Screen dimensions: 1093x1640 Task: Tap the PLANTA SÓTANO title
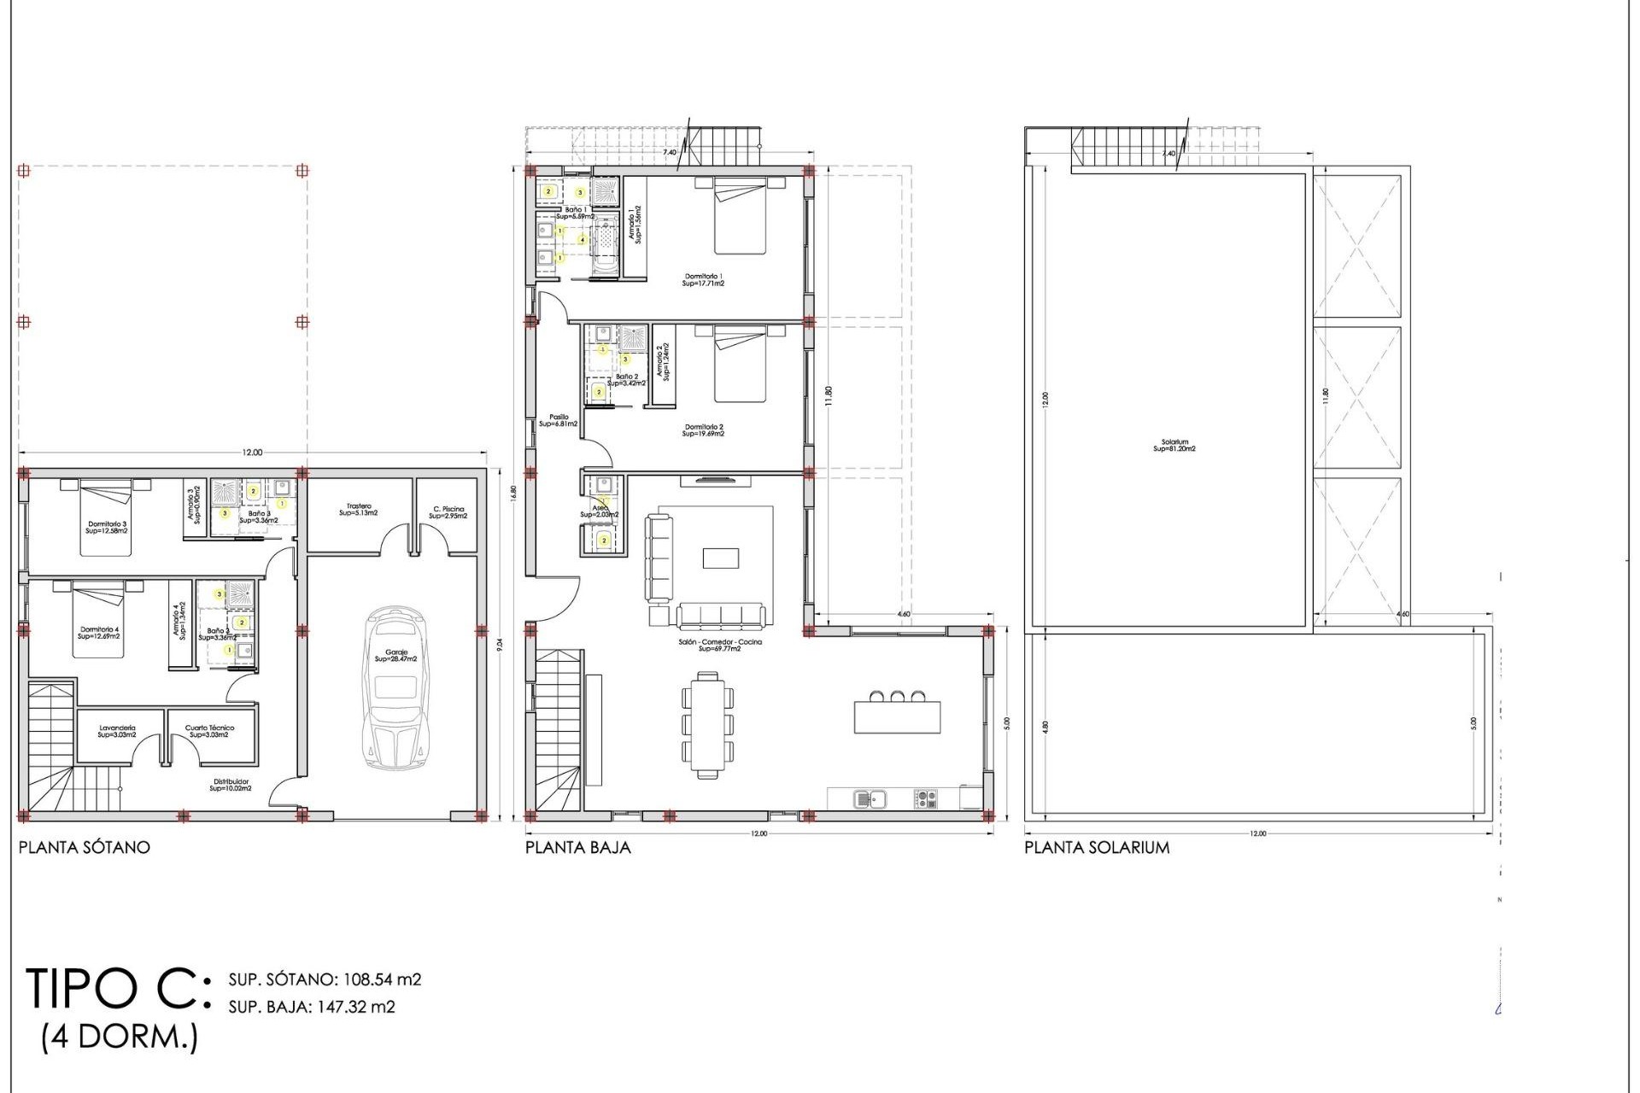pyautogui.click(x=84, y=848)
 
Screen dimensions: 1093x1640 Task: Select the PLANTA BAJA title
pyautogui.click(x=577, y=848)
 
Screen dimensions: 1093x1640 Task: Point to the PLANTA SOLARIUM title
pyautogui.click(x=1097, y=848)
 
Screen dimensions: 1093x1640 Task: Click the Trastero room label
pyautogui.click(x=359, y=510)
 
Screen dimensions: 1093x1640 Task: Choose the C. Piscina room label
pyautogui.click(x=448, y=512)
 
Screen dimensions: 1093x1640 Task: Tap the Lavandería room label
pyautogui.click(x=117, y=732)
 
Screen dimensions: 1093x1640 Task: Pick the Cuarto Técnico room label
pyautogui.click(x=209, y=732)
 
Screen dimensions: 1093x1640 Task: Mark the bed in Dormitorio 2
pyautogui.click(x=740, y=365)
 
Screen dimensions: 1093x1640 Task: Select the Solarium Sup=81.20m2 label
pyautogui.click(x=1174, y=446)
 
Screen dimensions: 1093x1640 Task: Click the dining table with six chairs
pyautogui.click(x=707, y=725)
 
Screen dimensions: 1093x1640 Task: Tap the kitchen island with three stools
pyautogui.click(x=897, y=716)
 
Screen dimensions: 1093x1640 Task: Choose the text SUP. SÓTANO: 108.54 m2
pyautogui.click(x=325, y=979)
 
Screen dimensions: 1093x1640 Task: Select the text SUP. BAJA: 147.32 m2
pyautogui.click(x=312, y=1007)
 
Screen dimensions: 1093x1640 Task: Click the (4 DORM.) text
pyautogui.click(x=120, y=1037)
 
